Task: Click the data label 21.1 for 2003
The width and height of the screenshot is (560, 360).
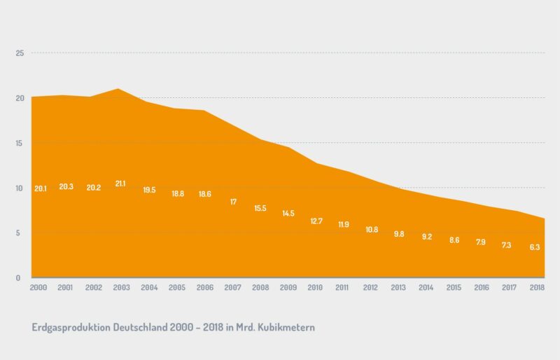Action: coord(120,184)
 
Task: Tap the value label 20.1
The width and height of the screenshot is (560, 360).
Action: coord(40,188)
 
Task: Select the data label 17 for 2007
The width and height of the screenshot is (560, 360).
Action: coord(233,202)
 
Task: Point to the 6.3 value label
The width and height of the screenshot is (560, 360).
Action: coord(535,247)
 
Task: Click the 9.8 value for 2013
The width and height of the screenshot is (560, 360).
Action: coord(398,234)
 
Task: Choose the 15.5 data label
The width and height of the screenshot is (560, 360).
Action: coord(260,209)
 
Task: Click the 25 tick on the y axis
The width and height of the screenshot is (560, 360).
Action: coord(20,53)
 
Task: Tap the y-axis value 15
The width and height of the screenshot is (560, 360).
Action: coord(20,143)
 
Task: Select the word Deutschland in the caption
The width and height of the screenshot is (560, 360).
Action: coord(139,327)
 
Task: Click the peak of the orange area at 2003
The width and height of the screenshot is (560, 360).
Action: coord(118,89)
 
